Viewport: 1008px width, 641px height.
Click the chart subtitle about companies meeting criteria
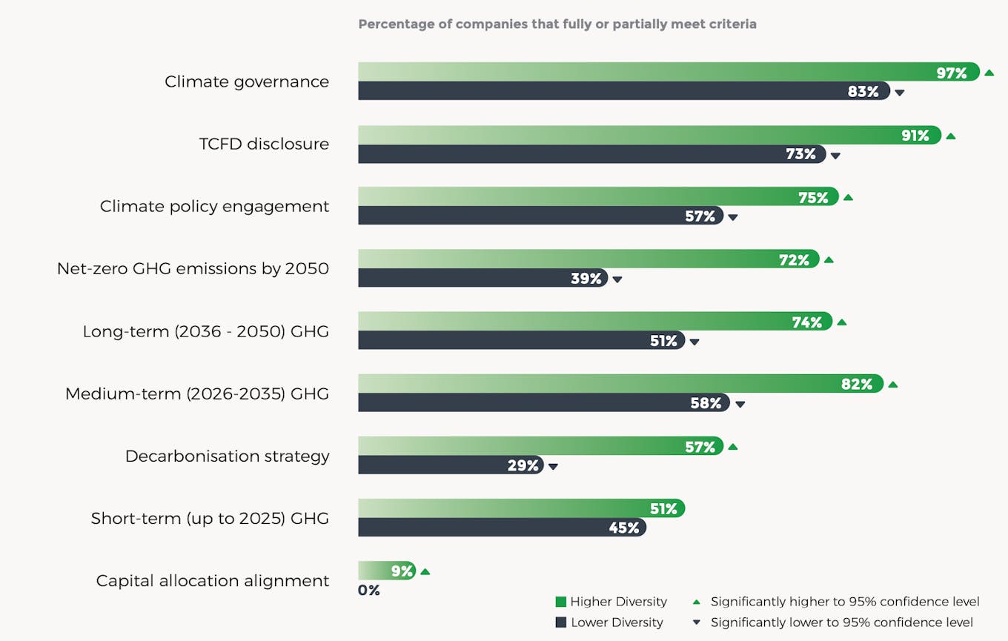pyautogui.click(x=557, y=24)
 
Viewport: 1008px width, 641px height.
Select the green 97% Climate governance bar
pyautogui.click(x=667, y=72)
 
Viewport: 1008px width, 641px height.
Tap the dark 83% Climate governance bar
pyautogui.click(x=623, y=91)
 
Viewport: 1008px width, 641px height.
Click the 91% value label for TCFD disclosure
pyautogui.click(x=915, y=136)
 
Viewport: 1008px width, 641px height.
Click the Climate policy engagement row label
pyautogui.click(x=214, y=206)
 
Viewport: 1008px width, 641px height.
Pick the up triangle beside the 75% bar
pyautogui.click(x=848, y=198)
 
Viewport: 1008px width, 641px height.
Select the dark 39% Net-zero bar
pyautogui.click(x=482, y=279)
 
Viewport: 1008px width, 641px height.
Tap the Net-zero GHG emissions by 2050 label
pyautogui.click(x=193, y=268)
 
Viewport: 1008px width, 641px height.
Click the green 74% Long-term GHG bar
pyautogui.click(x=593, y=321)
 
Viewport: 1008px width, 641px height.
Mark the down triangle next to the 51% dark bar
pyautogui.click(x=694, y=342)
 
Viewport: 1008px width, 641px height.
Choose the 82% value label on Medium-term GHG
pyautogui.click(x=856, y=385)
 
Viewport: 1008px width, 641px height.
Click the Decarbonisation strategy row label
pyautogui.click(x=227, y=456)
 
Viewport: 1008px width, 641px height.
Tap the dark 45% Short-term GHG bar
pyautogui.click(x=501, y=528)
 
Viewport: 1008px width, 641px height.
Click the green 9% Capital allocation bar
pyautogui.click(x=385, y=571)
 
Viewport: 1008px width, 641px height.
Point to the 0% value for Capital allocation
pyautogui.click(x=368, y=591)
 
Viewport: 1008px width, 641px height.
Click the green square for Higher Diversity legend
pyautogui.click(x=560, y=602)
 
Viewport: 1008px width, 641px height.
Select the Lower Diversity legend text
pyautogui.click(x=617, y=622)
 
